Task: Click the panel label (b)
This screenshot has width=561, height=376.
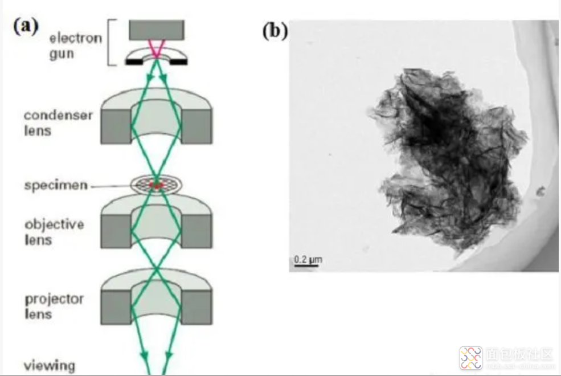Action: pos(274,31)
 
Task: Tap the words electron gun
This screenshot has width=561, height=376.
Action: pos(75,46)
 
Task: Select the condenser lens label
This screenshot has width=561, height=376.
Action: pos(58,122)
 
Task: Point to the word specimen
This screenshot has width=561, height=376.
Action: pos(55,185)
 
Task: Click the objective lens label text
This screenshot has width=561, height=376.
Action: pos(54,231)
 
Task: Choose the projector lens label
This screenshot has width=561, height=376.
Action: pos(54,306)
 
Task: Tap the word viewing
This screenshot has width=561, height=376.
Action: pos(50,365)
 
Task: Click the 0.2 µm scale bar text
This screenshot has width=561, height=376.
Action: pos(308,260)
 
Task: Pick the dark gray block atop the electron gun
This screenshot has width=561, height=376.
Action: pos(156,30)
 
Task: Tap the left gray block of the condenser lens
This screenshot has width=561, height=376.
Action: pos(116,125)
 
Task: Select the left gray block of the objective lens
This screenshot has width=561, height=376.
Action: pos(116,230)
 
